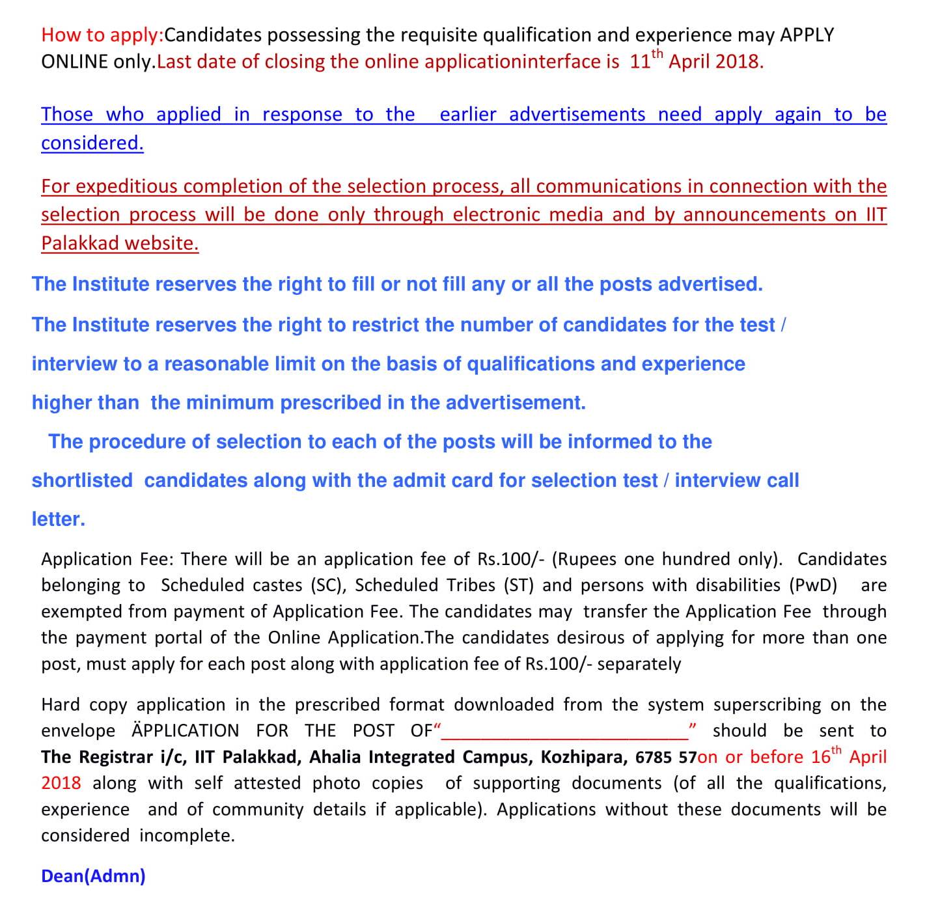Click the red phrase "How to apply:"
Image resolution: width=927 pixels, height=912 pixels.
[102, 35]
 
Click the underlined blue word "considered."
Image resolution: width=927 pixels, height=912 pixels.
[92, 143]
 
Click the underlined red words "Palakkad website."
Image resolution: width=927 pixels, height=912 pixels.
[120, 243]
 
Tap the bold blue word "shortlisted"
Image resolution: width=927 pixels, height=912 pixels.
[82, 480]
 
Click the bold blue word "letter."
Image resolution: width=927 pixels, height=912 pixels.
[59, 519]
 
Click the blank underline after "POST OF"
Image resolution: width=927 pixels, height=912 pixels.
[564, 734]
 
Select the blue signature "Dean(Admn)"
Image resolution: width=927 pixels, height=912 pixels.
[93, 876]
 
